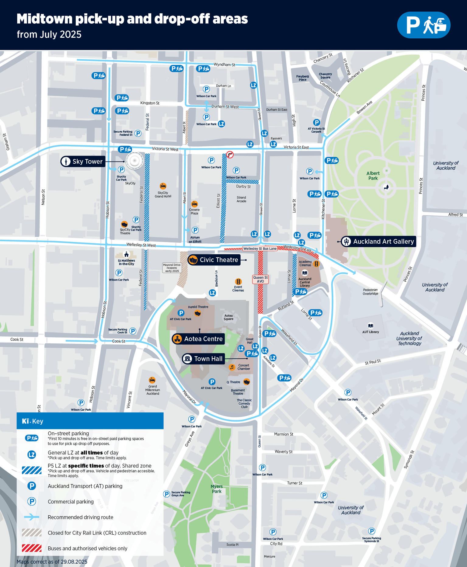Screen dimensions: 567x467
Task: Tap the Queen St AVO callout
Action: coord(260,279)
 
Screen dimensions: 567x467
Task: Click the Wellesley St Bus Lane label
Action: coord(260,249)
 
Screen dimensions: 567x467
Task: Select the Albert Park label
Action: coord(373,176)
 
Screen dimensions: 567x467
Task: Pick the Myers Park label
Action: coord(217,489)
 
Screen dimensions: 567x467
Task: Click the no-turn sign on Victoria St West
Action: coord(230,155)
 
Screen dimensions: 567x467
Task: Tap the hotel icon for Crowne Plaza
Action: coord(194,204)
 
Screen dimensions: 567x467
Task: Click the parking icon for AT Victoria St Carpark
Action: coord(316,123)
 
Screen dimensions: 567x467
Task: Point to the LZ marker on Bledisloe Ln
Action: coord(212,293)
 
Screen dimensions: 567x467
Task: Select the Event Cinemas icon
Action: coord(238,282)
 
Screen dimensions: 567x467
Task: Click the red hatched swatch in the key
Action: coord(32,548)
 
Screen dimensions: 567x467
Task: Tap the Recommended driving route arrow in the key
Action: coord(32,517)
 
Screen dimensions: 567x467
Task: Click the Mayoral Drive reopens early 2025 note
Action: coord(172,268)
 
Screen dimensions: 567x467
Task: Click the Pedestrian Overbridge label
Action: coord(370,292)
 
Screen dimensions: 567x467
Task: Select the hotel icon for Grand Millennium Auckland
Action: coord(152,380)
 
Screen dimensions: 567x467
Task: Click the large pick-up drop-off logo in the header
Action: coord(423,25)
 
